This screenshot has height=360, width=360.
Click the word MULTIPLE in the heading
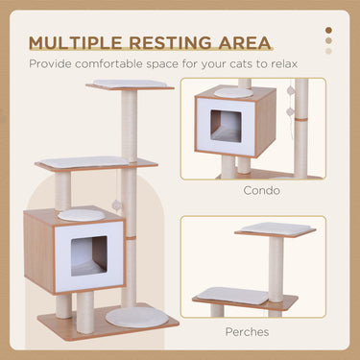pyautogui.click(x=78, y=43)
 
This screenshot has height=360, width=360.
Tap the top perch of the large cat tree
pyautogui.click(x=131, y=85)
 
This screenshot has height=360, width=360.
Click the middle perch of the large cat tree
pyautogui.click(x=96, y=163)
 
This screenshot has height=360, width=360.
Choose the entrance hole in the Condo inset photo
pyautogui.click(x=228, y=127)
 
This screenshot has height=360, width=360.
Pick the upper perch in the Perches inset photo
pyautogui.click(x=276, y=230)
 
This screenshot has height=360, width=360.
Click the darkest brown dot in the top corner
pyautogui.click(x=329, y=30)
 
